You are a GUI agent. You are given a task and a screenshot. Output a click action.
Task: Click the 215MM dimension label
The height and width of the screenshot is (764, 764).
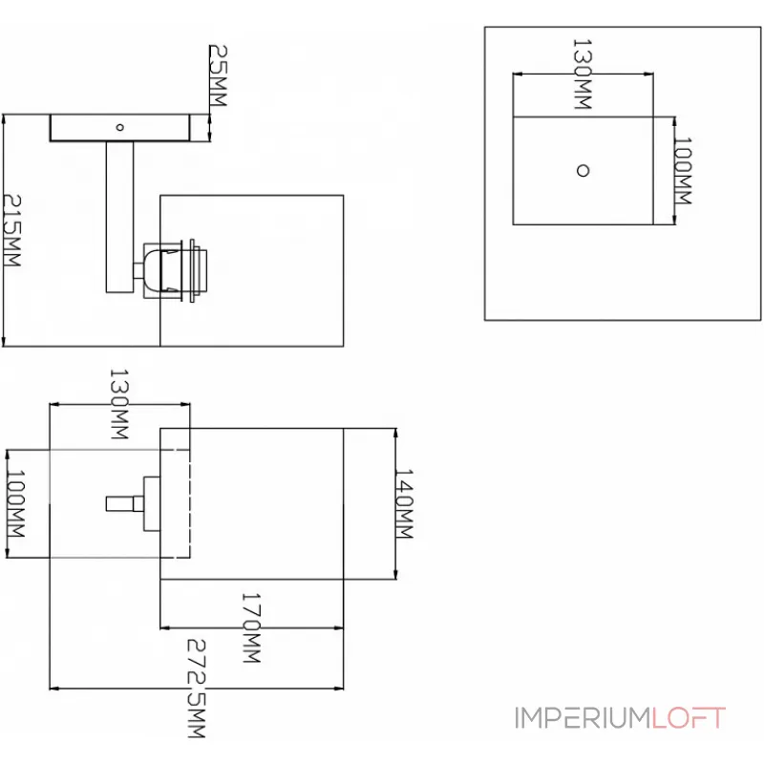(14, 230)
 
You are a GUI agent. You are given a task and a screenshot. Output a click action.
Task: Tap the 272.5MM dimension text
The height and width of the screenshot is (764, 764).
(197, 690)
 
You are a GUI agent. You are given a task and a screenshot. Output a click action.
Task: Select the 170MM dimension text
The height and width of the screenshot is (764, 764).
(251, 628)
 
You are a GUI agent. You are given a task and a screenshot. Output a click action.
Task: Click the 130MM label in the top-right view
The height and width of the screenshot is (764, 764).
(582, 74)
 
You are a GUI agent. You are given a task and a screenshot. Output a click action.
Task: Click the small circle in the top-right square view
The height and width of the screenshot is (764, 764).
(583, 170)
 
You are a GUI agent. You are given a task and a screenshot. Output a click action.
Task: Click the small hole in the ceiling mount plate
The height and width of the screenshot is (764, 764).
(119, 126)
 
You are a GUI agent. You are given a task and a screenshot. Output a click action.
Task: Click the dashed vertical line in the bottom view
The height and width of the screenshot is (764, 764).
(191, 503)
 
